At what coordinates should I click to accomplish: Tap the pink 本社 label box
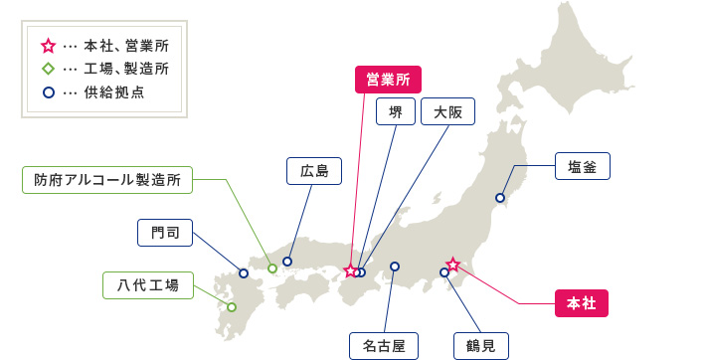click(580, 303)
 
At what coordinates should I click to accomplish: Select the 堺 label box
click(396, 112)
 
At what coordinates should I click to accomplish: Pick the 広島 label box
click(313, 171)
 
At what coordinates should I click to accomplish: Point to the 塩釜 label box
click(582, 166)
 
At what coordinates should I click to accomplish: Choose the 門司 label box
click(164, 233)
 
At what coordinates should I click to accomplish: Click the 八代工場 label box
click(146, 285)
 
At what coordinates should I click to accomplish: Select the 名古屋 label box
click(384, 345)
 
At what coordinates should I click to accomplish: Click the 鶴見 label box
click(480, 345)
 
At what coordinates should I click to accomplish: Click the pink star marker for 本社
click(452, 265)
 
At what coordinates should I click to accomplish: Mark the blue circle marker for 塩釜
click(500, 198)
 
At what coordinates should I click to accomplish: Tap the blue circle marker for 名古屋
click(395, 267)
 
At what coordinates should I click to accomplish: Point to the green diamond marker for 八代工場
click(232, 307)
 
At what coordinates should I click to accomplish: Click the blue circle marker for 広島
click(287, 262)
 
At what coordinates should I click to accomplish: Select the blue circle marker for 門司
click(244, 272)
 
